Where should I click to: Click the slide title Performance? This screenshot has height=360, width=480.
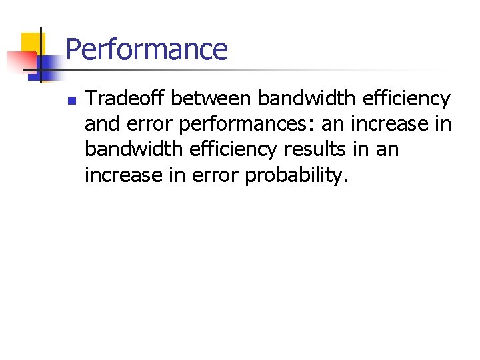[x=147, y=50]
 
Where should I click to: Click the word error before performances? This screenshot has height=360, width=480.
[x=149, y=125]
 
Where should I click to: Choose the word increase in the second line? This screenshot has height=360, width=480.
[x=393, y=124]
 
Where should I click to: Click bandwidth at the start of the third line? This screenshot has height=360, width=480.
[x=133, y=149]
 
